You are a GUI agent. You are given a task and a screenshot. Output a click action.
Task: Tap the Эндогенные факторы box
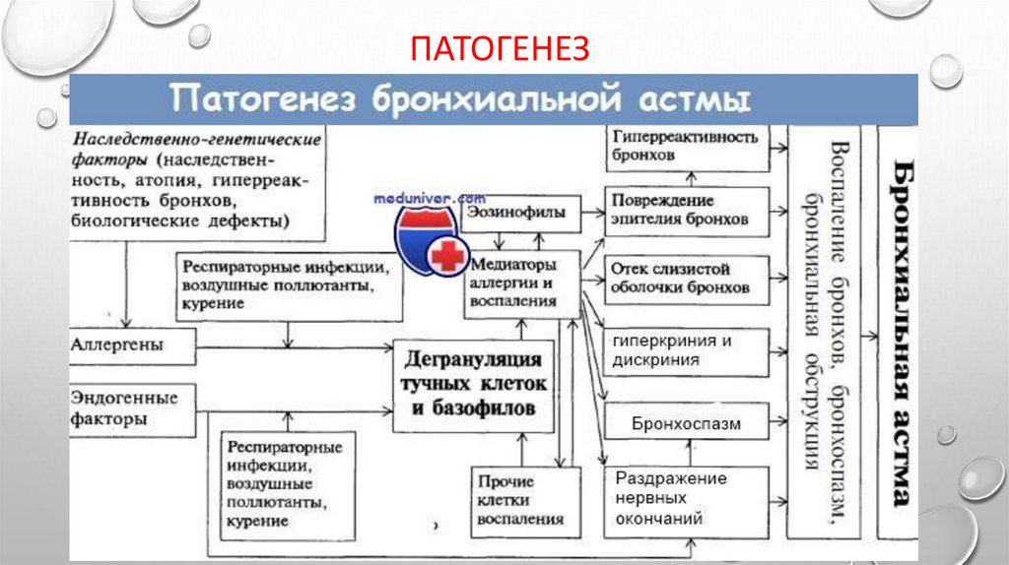coord(131,408)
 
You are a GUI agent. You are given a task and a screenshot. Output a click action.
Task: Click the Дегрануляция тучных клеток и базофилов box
coord(473,385)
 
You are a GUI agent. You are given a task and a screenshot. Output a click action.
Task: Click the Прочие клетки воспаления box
coord(521,501)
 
